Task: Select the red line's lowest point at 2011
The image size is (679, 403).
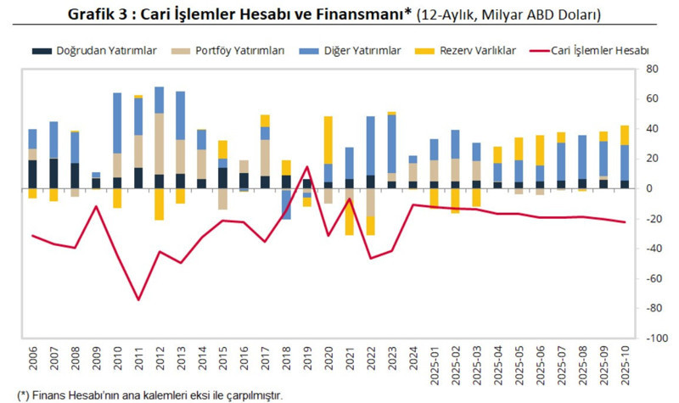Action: [x=138, y=299]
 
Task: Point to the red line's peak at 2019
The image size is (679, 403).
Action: [x=307, y=166]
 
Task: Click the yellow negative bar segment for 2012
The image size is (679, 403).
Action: [x=159, y=204]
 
